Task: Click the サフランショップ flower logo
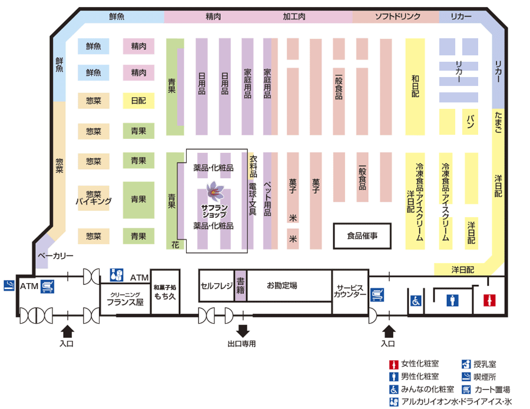pos(214,191)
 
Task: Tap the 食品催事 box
pos(362,236)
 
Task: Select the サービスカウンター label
pos(350,291)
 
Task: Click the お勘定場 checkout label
pos(282,285)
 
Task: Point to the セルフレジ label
pos(217,286)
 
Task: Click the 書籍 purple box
pos(240,285)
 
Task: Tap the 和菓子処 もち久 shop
pos(165,292)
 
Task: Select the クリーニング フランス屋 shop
pos(125,299)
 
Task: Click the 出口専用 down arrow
pos(243,331)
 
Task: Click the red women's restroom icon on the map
pos(489,300)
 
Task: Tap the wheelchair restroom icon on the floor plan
pos(416,300)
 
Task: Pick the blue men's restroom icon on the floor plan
pos(452,300)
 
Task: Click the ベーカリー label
pos(55,255)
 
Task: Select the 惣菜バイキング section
pos(94,198)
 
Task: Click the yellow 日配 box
pos(138,101)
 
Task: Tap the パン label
pos(470,122)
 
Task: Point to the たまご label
pos(498,122)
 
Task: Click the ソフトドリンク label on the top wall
pos(398,16)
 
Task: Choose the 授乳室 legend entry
pos(479,364)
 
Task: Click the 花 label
pos(175,245)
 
